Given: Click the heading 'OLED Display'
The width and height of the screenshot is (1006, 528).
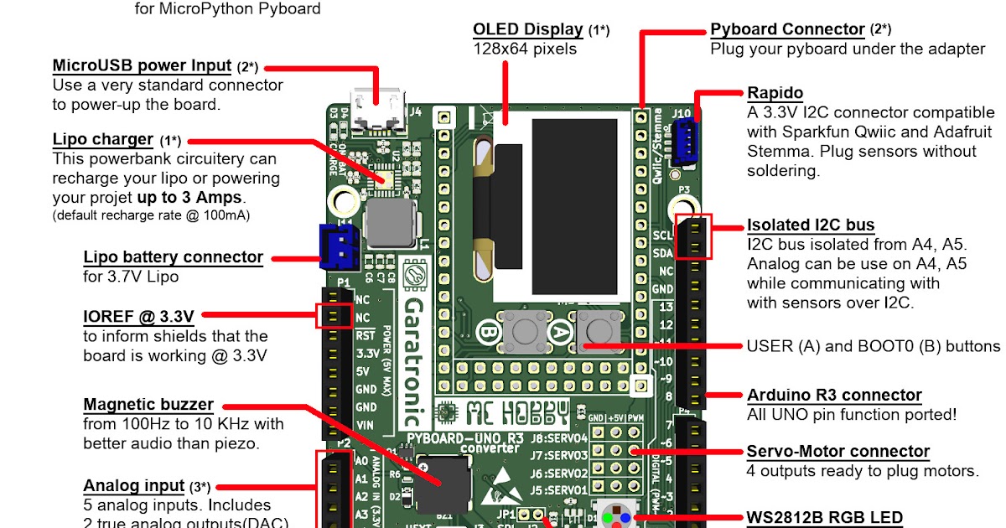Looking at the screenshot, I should (x=530, y=30).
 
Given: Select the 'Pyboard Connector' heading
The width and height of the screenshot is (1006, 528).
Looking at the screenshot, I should (x=787, y=29).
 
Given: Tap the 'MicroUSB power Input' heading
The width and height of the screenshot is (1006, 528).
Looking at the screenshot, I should (x=142, y=65).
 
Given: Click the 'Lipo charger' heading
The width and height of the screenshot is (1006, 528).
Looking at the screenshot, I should (x=102, y=139).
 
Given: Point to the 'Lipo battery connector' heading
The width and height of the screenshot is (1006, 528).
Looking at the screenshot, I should (x=173, y=256).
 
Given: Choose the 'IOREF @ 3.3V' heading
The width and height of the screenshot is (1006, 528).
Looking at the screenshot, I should (x=138, y=316).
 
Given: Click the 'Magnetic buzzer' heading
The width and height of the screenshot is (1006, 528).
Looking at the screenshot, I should (x=148, y=405).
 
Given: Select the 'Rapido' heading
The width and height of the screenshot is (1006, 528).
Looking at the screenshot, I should (x=775, y=92).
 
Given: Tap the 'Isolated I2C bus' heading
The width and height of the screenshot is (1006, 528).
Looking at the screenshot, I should (x=811, y=225).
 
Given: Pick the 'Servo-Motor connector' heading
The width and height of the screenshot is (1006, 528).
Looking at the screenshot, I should (x=838, y=452).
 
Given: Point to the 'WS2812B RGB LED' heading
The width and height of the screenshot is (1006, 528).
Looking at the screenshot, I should (x=825, y=517).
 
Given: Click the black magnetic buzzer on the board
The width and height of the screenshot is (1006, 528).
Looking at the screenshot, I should (x=442, y=484).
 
